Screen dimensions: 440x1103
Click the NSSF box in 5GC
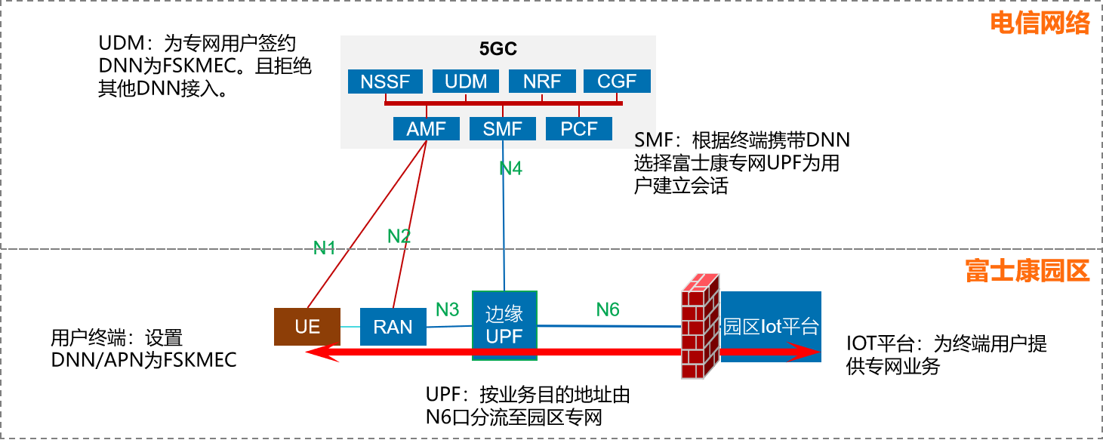[385, 82]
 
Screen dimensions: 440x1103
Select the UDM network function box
[466, 82]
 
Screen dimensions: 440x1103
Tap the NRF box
[542, 82]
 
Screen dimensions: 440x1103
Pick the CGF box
[617, 82]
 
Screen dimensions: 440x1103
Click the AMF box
[427, 129]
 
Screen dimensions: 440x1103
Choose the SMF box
[503, 129]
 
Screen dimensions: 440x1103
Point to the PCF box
[579, 129]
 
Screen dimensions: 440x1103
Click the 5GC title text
[498, 50]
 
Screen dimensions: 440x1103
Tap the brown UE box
[307, 327]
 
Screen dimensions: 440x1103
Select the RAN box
[393, 327]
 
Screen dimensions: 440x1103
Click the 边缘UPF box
[504, 325]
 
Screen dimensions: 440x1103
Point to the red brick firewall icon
[700, 325]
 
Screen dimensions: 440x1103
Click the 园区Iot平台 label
[771, 327]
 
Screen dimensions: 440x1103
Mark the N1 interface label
[324, 248]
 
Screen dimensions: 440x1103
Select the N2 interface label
[399, 236]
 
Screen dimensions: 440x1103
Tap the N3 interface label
[447, 309]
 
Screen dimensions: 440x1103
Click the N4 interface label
[511, 169]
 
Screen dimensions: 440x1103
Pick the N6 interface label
[608, 309]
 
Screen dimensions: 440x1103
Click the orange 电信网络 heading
[1040, 23]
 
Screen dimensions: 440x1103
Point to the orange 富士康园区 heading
[1028, 270]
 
